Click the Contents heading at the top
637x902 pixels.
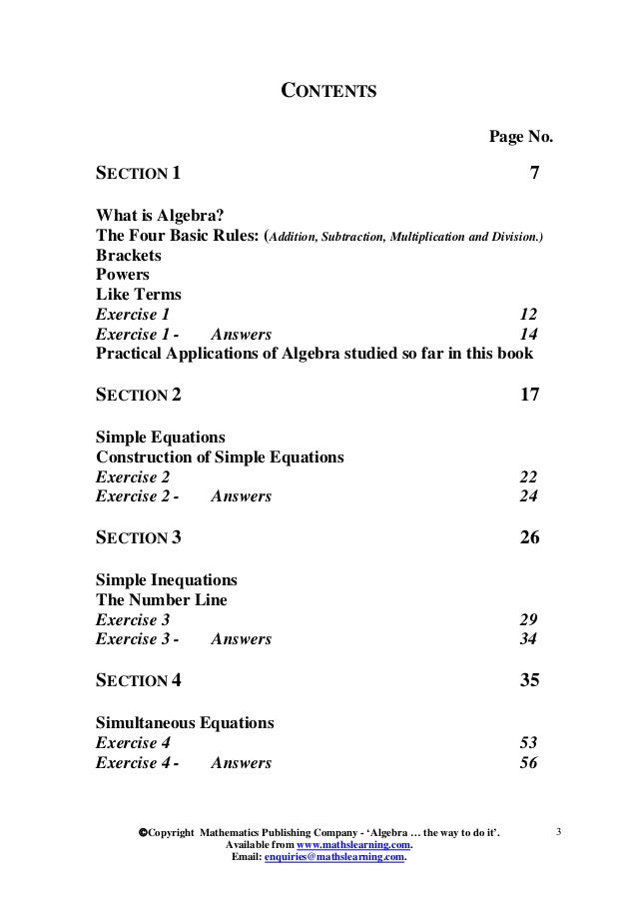point(326,93)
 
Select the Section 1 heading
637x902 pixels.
point(138,173)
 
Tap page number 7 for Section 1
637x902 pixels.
point(533,173)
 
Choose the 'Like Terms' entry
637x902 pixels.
point(138,295)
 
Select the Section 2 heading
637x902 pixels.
point(138,395)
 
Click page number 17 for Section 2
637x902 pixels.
point(530,395)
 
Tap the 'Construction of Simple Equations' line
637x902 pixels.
point(220,457)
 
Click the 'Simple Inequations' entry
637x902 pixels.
point(166,579)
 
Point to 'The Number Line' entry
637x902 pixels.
point(161,599)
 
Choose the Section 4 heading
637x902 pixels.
point(138,681)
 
